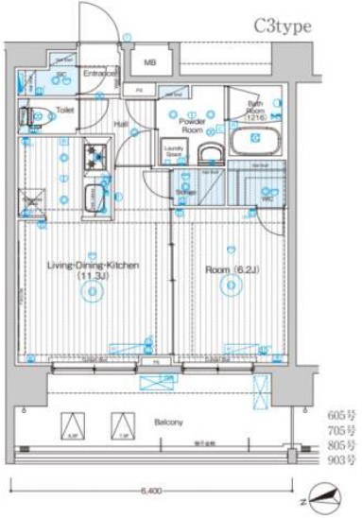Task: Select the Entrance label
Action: pyautogui.click(x=98, y=74)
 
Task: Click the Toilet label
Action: pyautogui.click(x=64, y=110)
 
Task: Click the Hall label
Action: pyautogui.click(x=122, y=123)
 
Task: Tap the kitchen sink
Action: pyautogui.click(x=96, y=197)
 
